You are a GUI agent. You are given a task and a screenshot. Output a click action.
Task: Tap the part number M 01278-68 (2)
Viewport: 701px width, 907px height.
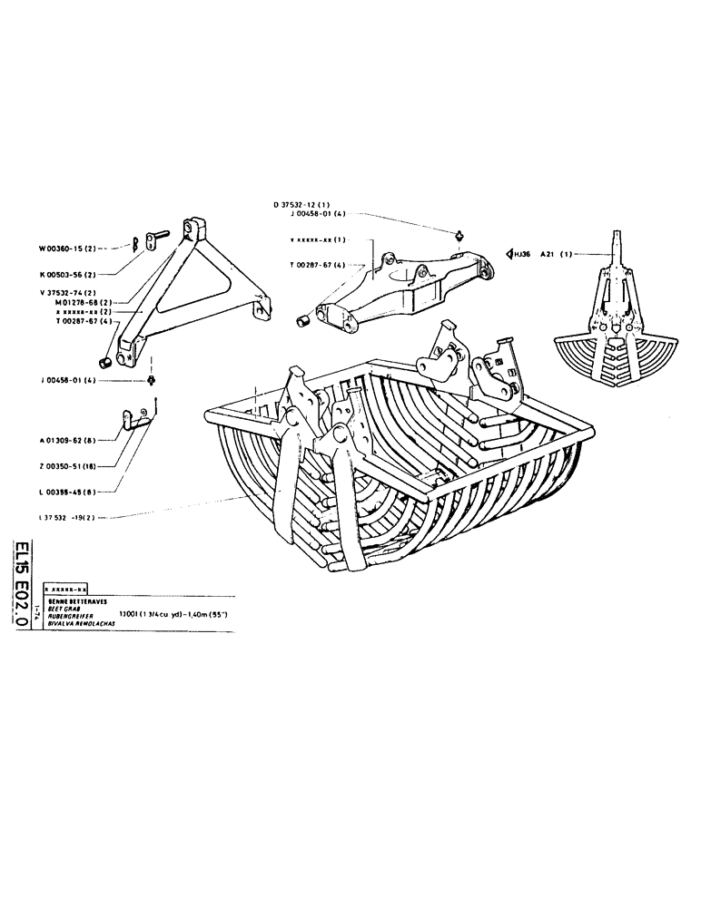tap(87, 302)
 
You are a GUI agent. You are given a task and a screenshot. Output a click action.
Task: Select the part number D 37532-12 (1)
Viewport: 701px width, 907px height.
tap(309, 205)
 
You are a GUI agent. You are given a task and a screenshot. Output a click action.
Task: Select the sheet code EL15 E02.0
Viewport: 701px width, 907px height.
tap(22, 577)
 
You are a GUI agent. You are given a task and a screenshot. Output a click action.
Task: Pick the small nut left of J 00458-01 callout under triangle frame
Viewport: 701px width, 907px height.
tap(152, 378)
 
